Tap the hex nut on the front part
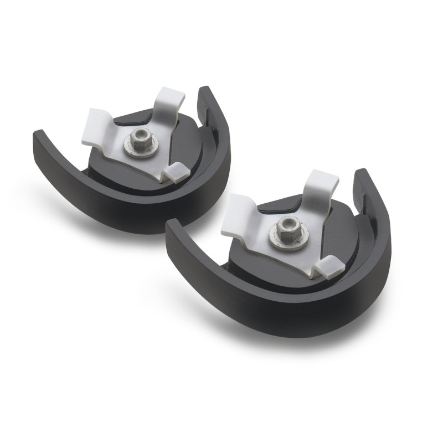pyautogui.click(x=286, y=225)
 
